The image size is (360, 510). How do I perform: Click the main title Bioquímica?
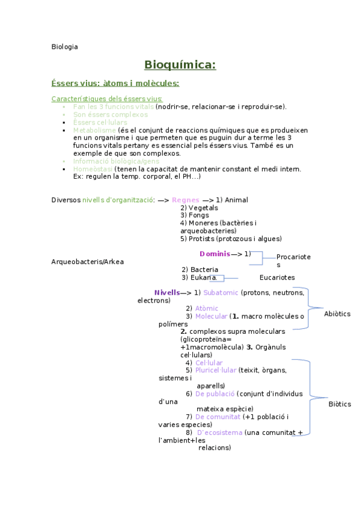180,65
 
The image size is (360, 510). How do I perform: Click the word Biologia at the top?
64,46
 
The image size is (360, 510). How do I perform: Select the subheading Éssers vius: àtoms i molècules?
115,83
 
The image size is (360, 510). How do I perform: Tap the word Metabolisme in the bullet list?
94,130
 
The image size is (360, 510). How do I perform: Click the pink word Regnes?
185,200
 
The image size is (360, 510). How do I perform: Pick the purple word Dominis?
215,253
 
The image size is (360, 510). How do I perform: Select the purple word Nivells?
166,292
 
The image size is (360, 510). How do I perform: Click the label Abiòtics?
337,314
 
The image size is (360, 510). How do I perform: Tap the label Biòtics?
340,404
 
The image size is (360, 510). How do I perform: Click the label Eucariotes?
277,278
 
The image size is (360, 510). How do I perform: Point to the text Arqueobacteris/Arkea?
88,262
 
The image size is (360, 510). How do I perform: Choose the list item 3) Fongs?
195,215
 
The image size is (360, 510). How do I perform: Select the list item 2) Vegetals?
199,207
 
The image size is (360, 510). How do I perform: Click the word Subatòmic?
221,293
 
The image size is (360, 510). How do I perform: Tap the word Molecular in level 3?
212,316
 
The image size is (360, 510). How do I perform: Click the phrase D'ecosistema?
220,432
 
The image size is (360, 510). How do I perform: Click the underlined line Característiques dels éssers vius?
107,99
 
